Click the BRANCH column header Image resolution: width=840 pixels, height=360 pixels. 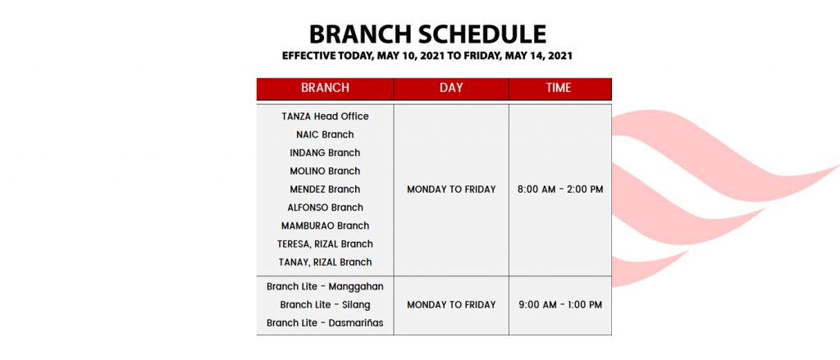pyautogui.click(x=325, y=88)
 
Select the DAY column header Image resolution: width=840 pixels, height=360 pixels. pyautogui.click(x=451, y=88)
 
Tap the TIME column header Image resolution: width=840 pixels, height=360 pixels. pyautogui.click(x=559, y=88)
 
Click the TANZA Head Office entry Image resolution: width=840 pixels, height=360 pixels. pyautogui.click(x=325, y=116)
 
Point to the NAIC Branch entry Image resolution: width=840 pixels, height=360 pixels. pyautogui.click(x=325, y=134)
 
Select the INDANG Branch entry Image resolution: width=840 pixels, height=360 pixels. pyautogui.click(x=325, y=153)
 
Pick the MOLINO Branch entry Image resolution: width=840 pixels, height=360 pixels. pyautogui.click(x=325, y=171)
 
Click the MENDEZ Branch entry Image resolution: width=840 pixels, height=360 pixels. pyautogui.click(x=325, y=189)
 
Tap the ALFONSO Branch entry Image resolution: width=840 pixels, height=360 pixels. pyautogui.click(x=325, y=207)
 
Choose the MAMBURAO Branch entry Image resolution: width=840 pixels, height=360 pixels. pyautogui.click(x=325, y=226)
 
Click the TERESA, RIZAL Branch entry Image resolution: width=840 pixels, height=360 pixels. pyautogui.click(x=325, y=244)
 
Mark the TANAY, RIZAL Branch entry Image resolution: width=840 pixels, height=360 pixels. pyautogui.click(x=325, y=262)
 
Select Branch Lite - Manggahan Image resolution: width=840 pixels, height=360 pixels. pyautogui.click(x=325, y=287)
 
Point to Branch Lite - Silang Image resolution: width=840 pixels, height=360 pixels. pyautogui.click(x=325, y=305)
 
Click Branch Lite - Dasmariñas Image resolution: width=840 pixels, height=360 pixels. pyautogui.click(x=325, y=323)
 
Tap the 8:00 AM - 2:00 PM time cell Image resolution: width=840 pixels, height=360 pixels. pyautogui.click(x=560, y=189)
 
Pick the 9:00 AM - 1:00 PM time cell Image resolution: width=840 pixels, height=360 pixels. pyautogui.click(x=560, y=305)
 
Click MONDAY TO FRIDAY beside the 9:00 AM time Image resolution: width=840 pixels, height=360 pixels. pyautogui.click(x=451, y=305)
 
